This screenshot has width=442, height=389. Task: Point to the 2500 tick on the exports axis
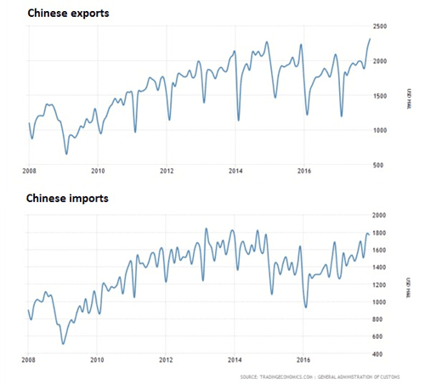(381, 27)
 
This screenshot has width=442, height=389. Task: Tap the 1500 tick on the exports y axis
(381, 95)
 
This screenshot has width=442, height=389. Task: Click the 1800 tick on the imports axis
(381, 233)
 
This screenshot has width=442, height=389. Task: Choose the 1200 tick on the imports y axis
(381, 285)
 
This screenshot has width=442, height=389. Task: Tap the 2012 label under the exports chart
(167, 172)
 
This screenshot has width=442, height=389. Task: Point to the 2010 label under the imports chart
(97, 360)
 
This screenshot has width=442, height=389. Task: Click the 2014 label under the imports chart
(235, 360)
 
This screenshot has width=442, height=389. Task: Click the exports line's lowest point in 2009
(67, 154)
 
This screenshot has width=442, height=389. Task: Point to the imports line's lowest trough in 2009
(63, 344)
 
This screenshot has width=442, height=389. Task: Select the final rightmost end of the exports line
(370, 39)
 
